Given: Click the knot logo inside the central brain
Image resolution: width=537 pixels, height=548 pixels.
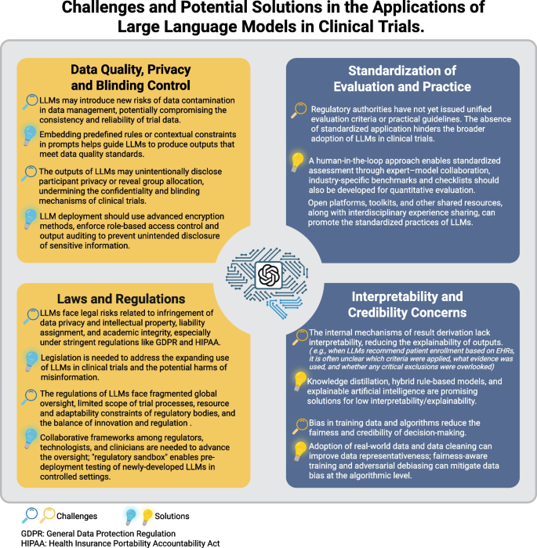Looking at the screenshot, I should tap(268, 274).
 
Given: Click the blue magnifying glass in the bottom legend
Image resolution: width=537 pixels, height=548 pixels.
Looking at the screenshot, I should tap(28, 515).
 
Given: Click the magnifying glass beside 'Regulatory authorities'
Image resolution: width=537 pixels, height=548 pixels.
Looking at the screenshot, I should tap(299, 111).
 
